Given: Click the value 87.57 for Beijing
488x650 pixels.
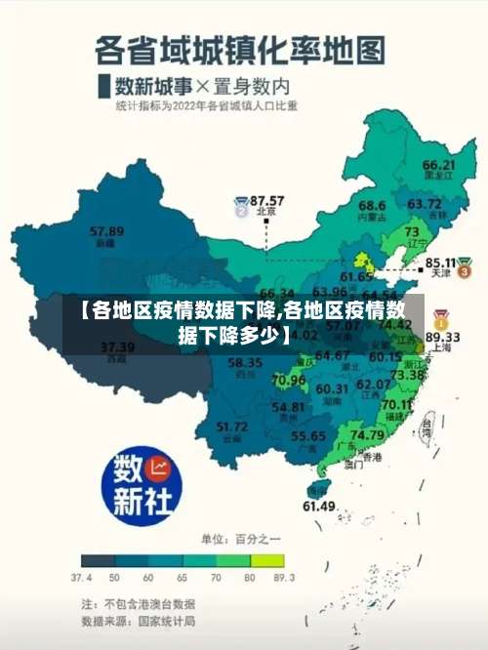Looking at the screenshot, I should coord(266,199).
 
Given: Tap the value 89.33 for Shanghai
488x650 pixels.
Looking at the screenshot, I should coord(454,335).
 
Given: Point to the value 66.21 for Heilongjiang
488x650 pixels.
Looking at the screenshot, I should coord(438,165).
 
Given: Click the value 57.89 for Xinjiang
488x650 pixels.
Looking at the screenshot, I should coord(106,231).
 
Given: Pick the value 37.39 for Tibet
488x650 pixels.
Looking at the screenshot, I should coord(117,346).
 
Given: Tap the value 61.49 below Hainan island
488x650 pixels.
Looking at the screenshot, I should coord(318,506).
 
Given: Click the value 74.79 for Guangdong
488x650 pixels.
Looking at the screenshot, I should coord(366,434).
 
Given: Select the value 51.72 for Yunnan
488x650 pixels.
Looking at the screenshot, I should coord(231,427).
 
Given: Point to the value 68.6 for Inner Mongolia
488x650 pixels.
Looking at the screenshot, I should coord(371,206).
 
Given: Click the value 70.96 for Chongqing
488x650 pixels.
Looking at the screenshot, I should coord(288,380).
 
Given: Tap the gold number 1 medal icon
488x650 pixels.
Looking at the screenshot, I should coord(441,317).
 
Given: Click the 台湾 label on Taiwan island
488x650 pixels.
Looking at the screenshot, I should coord(426,427).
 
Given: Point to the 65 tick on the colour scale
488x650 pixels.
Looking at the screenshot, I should coord(182,578).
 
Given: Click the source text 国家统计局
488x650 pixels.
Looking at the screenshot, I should coord(164,620).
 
